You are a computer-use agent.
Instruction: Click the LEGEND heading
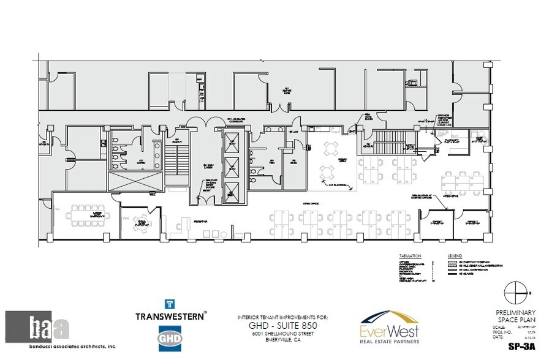[455, 255]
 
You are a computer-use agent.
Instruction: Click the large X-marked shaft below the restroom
[135, 181]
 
